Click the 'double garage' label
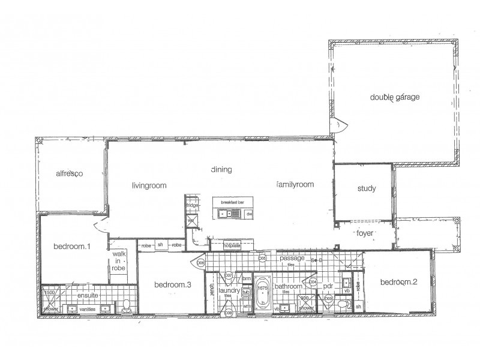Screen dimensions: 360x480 [394, 97]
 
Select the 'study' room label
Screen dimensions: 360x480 [366, 189]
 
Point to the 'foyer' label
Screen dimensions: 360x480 [366, 232]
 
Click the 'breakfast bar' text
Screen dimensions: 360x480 [232, 203]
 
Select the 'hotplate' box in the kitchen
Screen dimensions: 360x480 [232, 245]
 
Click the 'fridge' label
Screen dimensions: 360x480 [192, 206]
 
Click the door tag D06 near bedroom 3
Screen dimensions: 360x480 [200, 262]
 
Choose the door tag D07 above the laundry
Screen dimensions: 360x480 [229, 276]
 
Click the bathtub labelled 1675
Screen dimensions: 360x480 [262, 292]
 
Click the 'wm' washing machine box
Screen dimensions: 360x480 [247, 306]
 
